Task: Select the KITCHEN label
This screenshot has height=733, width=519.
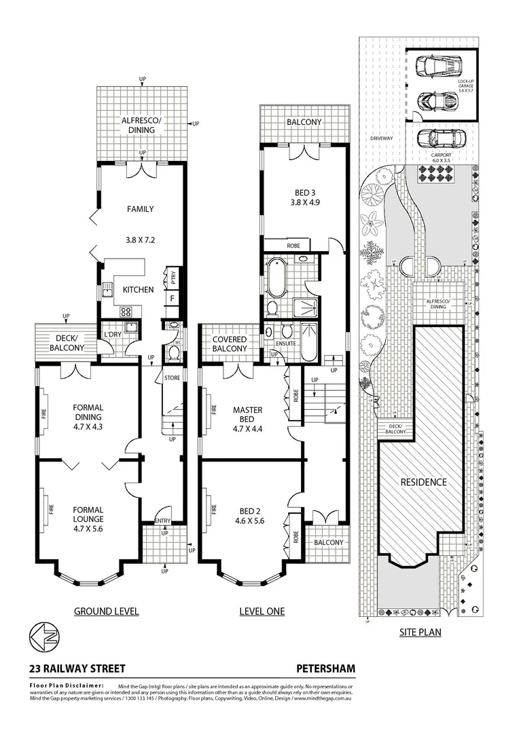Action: click(x=138, y=290)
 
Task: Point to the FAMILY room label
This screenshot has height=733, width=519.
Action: click(x=140, y=209)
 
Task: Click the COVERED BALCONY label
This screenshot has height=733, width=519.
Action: click(x=230, y=343)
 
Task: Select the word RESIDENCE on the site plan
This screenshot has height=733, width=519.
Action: click(x=423, y=482)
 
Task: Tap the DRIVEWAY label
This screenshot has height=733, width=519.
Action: click(x=382, y=138)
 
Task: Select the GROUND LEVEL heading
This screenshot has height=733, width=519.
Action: click(x=106, y=612)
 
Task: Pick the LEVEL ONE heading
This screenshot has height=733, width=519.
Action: click(x=262, y=612)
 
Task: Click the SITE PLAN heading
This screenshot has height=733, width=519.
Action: click(x=418, y=633)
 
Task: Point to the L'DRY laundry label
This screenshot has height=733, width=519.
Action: click(x=111, y=334)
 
